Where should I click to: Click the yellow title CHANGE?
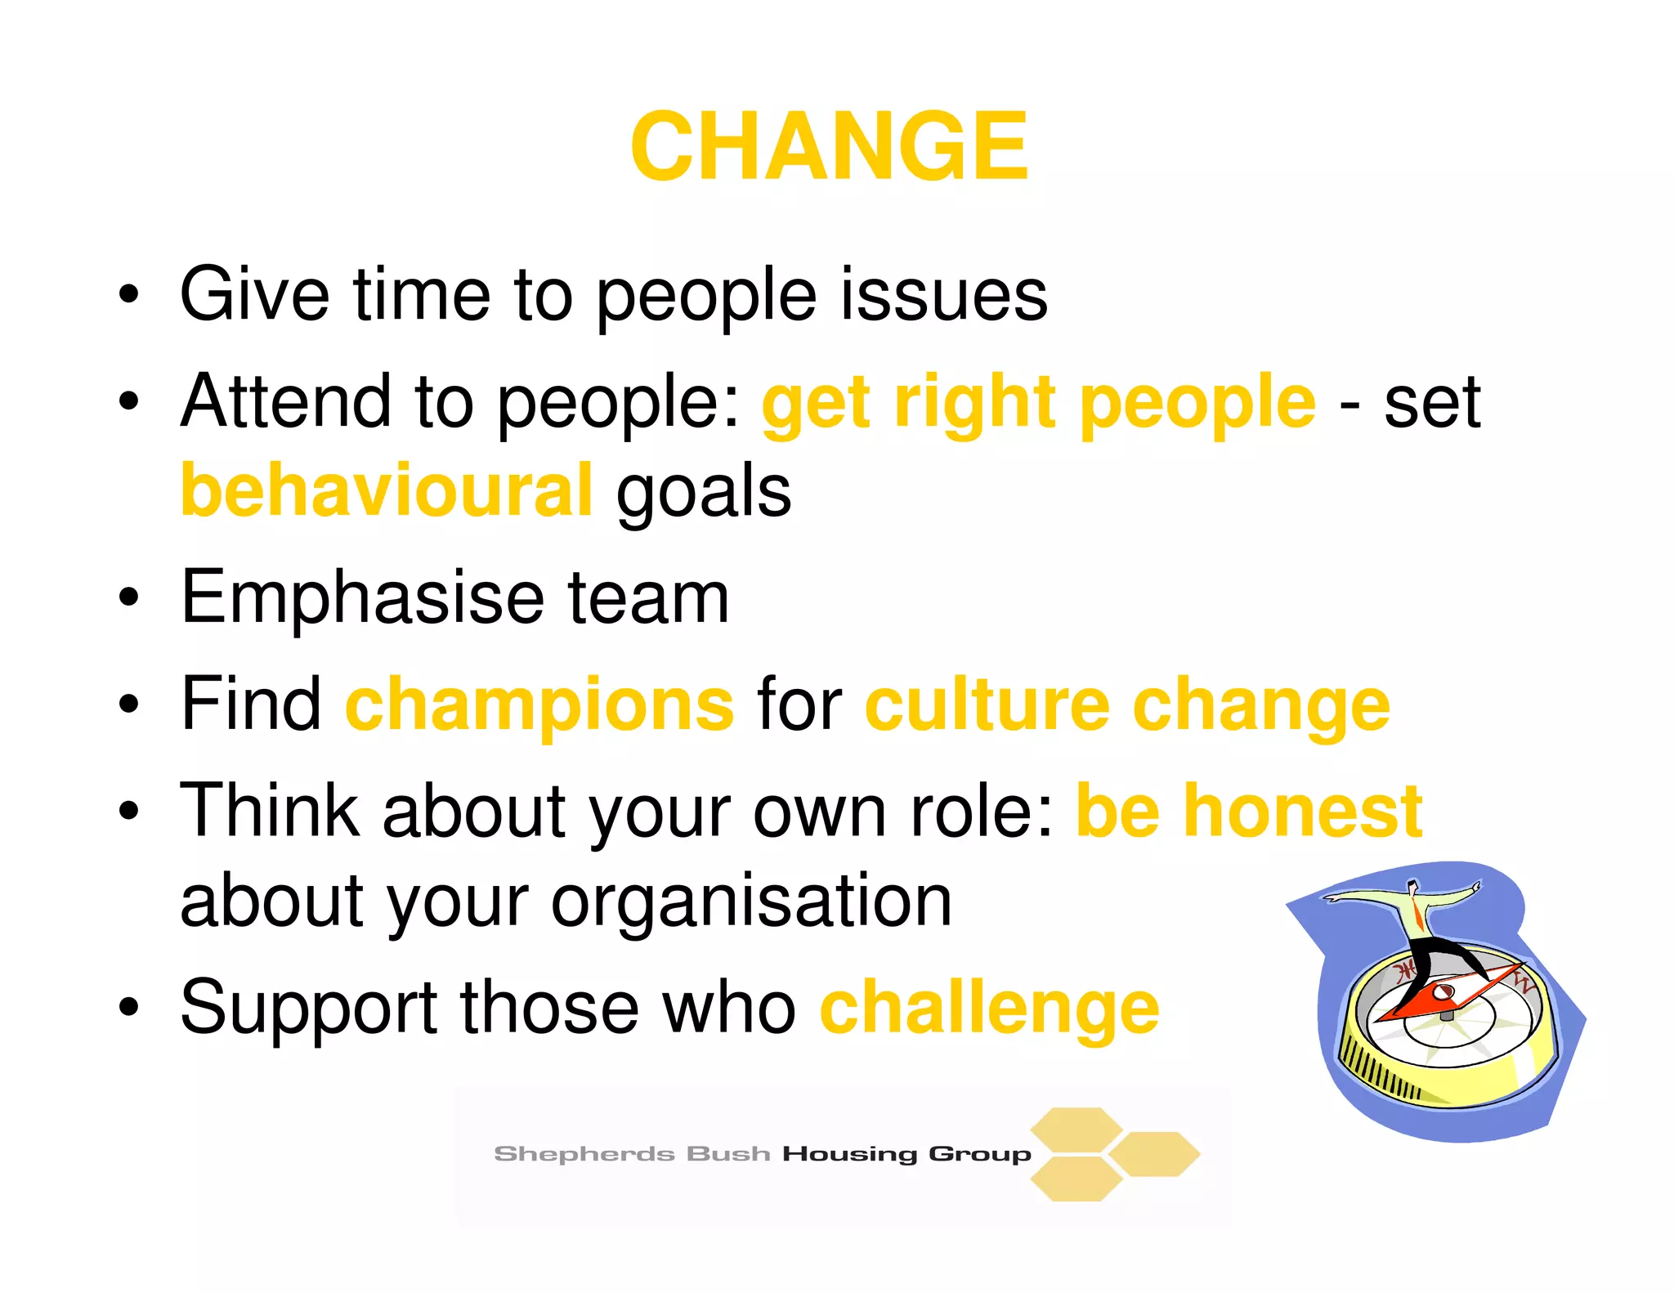(x=829, y=147)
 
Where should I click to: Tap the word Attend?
(x=287, y=401)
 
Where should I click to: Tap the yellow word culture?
(x=987, y=705)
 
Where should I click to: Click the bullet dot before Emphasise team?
(x=129, y=597)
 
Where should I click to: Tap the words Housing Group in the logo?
(x=906, y=1154)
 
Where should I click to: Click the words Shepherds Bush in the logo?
(x=632, y=1154)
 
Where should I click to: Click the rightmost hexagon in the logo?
(x=1155, y=1154)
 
